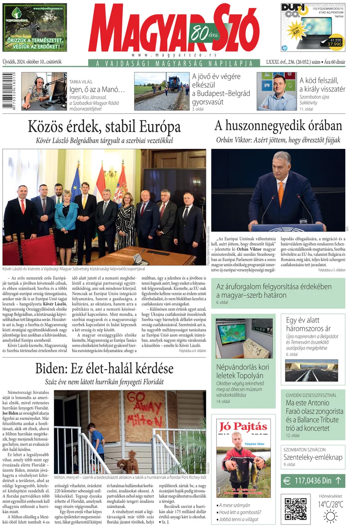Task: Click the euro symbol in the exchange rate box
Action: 287,481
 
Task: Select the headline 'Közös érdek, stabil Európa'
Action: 104,126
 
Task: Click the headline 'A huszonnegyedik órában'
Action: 278,125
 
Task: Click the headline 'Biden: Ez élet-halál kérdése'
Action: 104,369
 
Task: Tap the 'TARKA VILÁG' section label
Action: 81,82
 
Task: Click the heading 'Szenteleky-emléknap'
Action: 312,457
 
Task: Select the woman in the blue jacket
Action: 67,219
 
